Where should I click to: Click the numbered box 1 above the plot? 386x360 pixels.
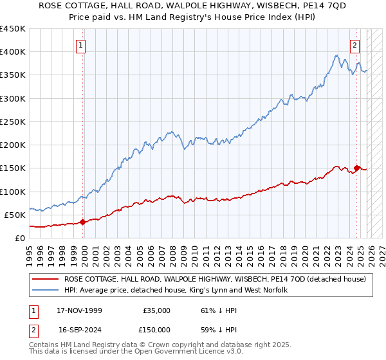pos(81,45)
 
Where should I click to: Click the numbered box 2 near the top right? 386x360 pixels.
pos(354,45)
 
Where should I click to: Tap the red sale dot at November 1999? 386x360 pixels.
pos(83,222)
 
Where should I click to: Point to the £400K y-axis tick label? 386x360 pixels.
pos(13,52)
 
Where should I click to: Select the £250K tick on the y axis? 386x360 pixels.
pos(13,122)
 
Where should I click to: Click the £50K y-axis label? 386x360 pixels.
pos(15,215)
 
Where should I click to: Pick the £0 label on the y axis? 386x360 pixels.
pos(20,238)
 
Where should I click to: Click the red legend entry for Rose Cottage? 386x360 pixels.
pos(215,279)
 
